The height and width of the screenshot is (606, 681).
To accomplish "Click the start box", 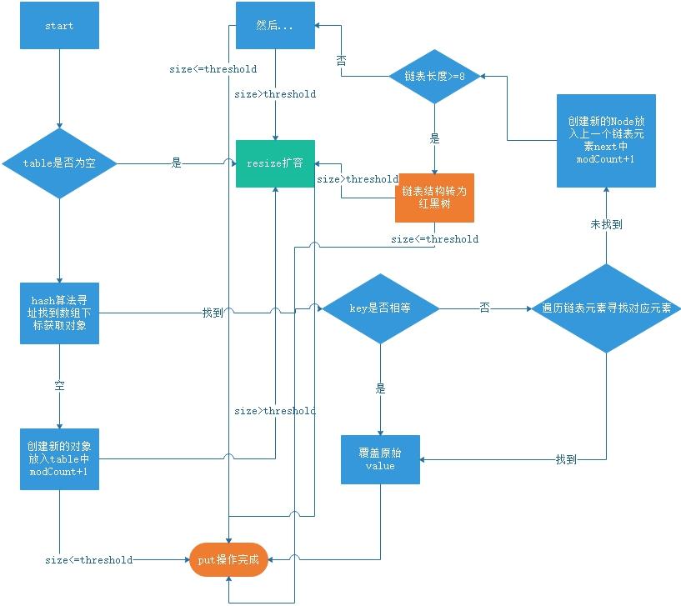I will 59,26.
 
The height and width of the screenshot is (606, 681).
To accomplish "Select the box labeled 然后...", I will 275,26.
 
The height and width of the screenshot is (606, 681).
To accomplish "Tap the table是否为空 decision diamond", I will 59,163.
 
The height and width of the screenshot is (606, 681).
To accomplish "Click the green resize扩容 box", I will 275,163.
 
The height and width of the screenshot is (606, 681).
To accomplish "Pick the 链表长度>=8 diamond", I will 434,76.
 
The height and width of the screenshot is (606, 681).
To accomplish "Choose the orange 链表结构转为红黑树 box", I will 434,198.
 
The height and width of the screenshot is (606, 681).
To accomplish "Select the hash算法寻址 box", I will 59,313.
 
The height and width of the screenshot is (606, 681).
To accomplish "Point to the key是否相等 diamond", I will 381,308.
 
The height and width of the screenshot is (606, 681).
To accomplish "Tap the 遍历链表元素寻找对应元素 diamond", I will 606,308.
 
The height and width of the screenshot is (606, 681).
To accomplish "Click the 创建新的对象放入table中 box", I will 59,458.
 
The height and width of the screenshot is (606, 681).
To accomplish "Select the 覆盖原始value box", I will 381,458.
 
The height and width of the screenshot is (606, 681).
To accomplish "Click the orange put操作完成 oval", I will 228,560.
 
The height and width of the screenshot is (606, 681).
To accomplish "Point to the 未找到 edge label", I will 606,224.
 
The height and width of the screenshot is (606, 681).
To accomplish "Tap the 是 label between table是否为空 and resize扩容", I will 176,163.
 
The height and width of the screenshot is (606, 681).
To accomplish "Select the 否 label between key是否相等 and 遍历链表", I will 484,308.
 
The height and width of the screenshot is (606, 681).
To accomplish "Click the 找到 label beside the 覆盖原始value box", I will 566,458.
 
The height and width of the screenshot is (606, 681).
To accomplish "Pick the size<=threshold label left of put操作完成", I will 88,560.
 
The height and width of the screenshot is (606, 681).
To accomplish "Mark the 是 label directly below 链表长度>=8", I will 434,139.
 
